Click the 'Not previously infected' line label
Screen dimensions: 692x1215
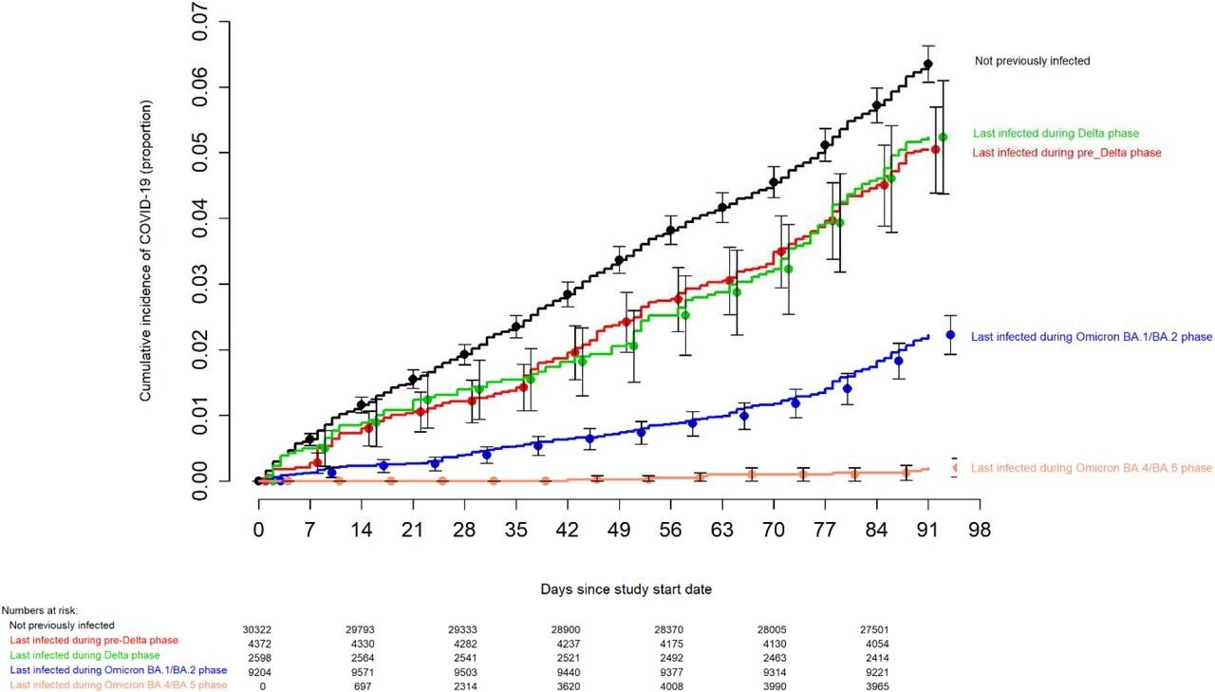(x=1032, y=61)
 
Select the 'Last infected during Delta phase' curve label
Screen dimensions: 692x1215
(x=1056, y=134)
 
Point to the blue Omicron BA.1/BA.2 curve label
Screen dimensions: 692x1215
(x=1091, y=336)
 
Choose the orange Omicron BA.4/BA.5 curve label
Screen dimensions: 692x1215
(x=1092, y=468)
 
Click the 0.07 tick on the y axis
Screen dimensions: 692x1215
(x=203, y=21)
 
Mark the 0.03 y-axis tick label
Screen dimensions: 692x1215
(x=203, y=284)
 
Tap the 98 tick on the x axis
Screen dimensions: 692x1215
(x=980, y=530)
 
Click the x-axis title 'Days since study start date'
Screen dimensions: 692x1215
(x=626, y=589)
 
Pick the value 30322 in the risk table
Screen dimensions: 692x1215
(x=261, y=629)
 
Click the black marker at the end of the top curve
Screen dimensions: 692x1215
(x=927, y=65)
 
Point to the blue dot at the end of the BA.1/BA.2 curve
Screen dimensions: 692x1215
(x=950, y=335)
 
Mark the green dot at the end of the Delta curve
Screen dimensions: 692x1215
(x=943, y=138)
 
